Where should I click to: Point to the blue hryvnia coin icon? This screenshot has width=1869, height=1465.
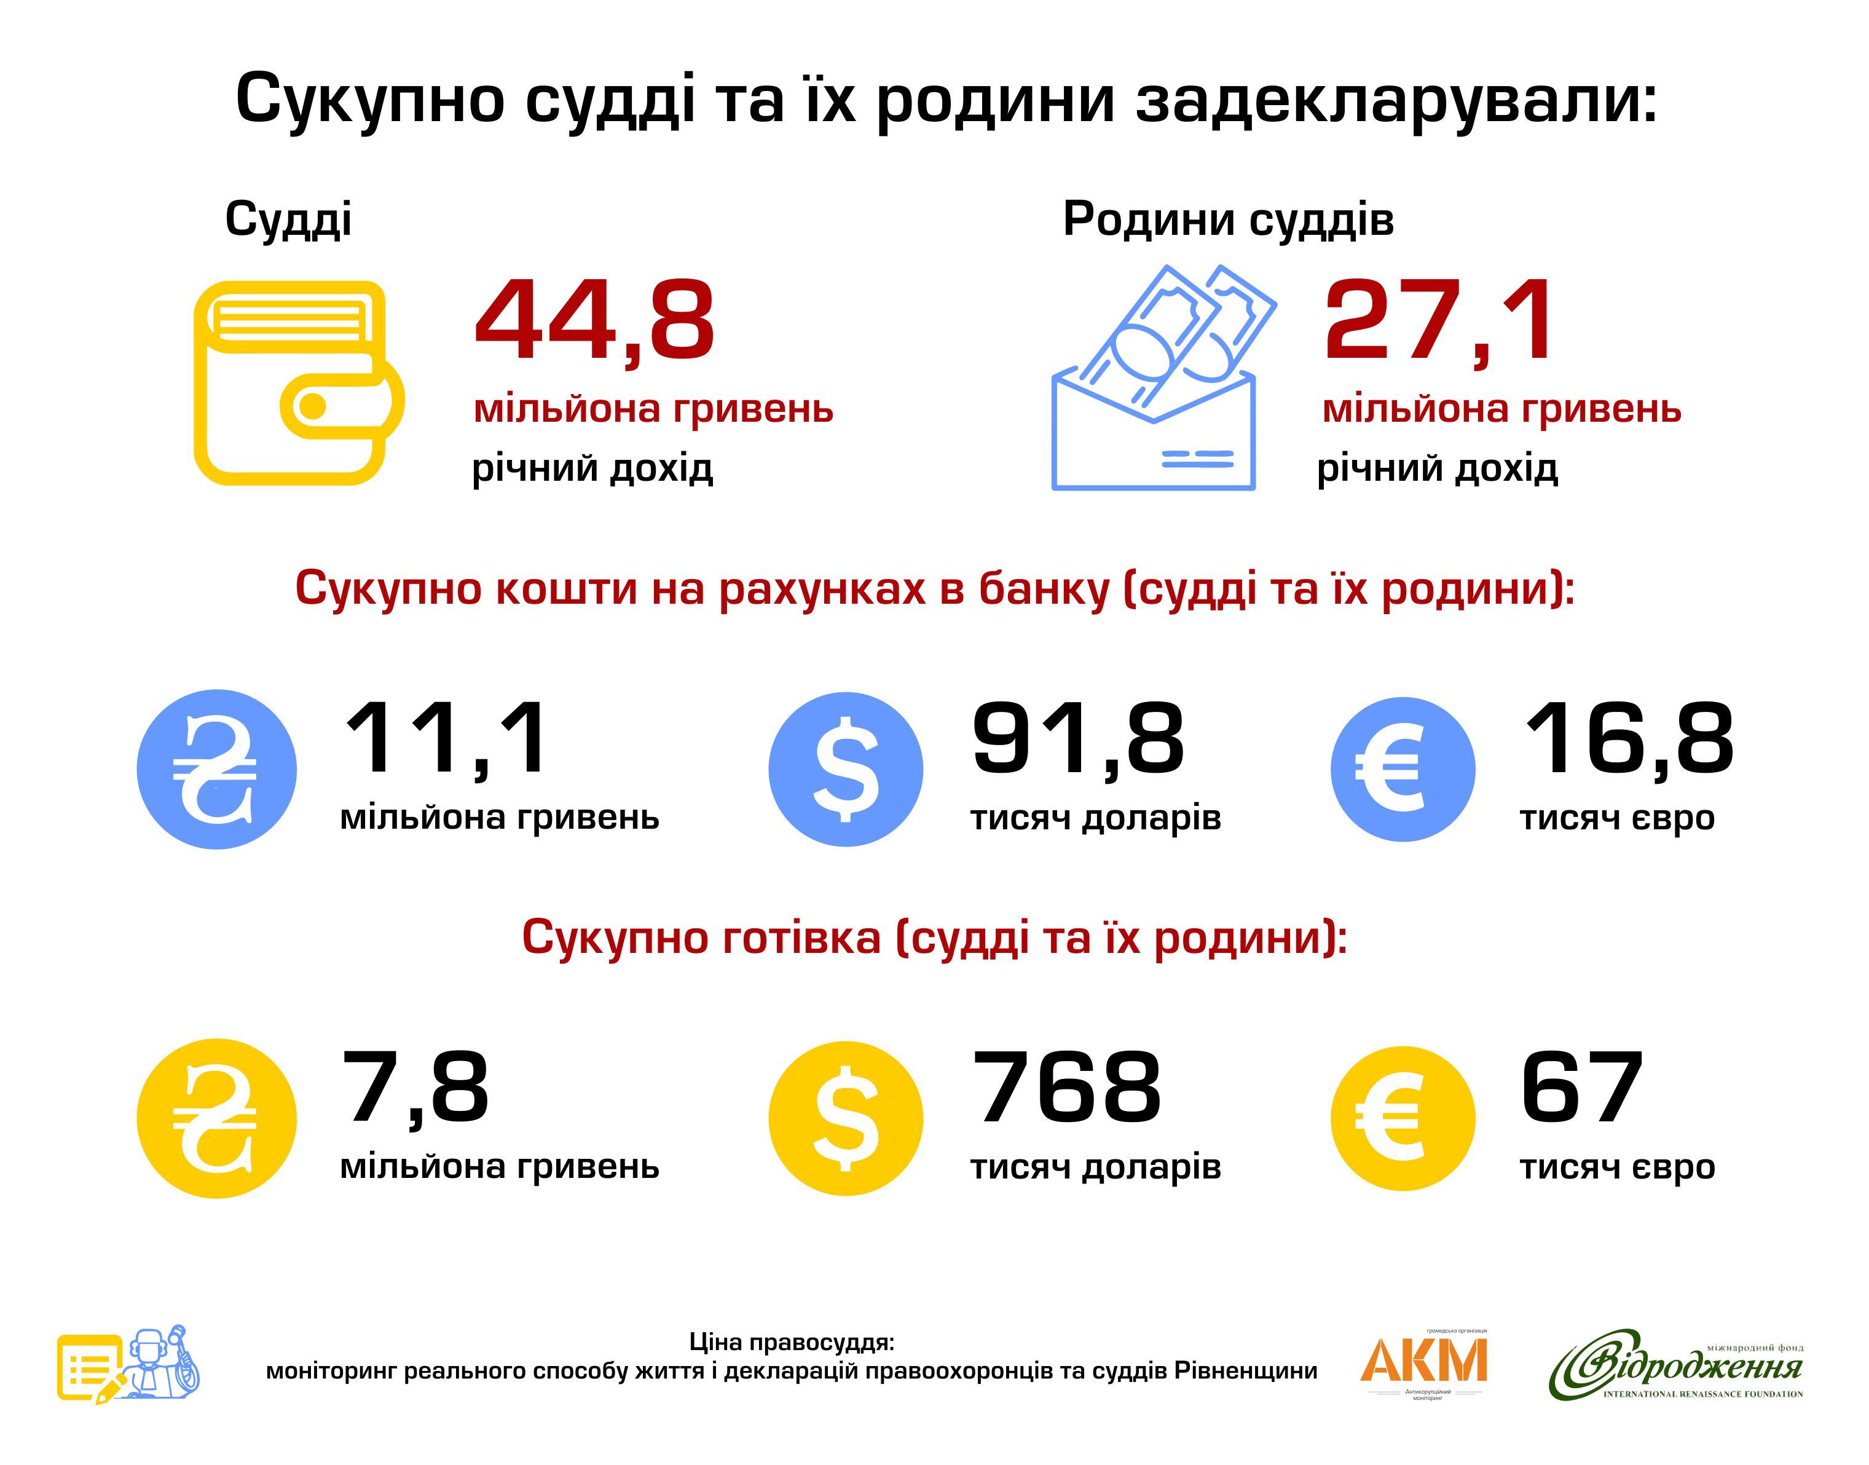click(217, 769)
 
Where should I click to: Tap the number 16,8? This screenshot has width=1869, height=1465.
click(1628, 740)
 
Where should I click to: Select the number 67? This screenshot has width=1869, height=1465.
click(1582, 1089)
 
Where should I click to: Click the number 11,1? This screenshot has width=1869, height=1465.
click(445, 740)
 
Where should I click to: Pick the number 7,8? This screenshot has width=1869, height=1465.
click(416, 1089)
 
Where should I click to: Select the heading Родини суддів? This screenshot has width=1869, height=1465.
click(1228, 219)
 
